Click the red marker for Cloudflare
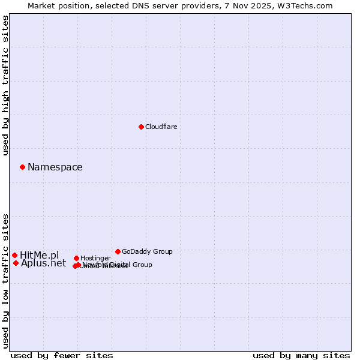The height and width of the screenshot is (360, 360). [x=141, y=127]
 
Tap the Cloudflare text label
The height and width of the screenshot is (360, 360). [x=161, y=127]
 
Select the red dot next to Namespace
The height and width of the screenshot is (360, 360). [x=22, y=167]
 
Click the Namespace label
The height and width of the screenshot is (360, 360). [x=55, y=167]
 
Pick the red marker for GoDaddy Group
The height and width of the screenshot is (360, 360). [x=118, y=251]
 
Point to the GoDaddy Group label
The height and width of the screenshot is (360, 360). [x=147, y=251]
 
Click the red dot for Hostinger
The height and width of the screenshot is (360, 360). [x=76, y=258]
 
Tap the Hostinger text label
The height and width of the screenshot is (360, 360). [x=95, y=258]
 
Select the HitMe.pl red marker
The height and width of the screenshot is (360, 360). [x=14, y=255]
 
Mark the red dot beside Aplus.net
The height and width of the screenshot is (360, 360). [x=16, y=263]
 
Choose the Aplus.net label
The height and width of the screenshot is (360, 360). [x=44, y=263]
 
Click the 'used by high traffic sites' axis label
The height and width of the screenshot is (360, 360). [x=6, y=85]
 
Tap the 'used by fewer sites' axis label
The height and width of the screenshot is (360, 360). [x=62, y=355]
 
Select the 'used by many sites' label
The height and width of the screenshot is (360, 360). [x=301, y=355]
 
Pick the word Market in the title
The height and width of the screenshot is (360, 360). [x=43, y=5]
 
